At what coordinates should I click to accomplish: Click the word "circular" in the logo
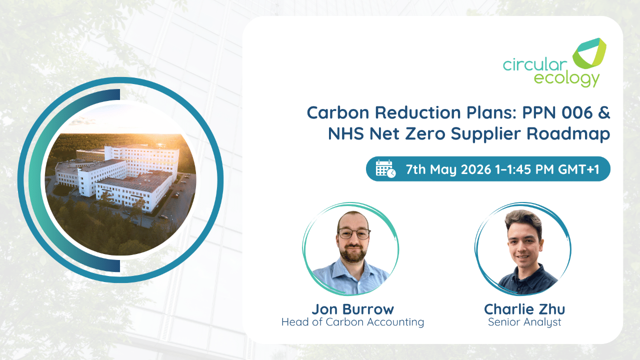(535, 64)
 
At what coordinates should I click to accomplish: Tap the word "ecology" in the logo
(566, 78)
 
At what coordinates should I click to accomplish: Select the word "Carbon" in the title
(338, 112)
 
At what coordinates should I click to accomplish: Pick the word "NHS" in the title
(345, 133)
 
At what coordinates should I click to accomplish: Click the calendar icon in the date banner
(385, 169)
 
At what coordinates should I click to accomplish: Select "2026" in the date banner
(476, 169)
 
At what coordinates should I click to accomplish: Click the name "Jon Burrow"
(353, 309)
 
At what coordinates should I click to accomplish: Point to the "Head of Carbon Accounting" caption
(353, 322)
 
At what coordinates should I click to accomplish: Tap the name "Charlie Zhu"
(524, 309)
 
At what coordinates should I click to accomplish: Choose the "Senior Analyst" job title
(524, 322)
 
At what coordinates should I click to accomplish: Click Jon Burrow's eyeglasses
(354, 233)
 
